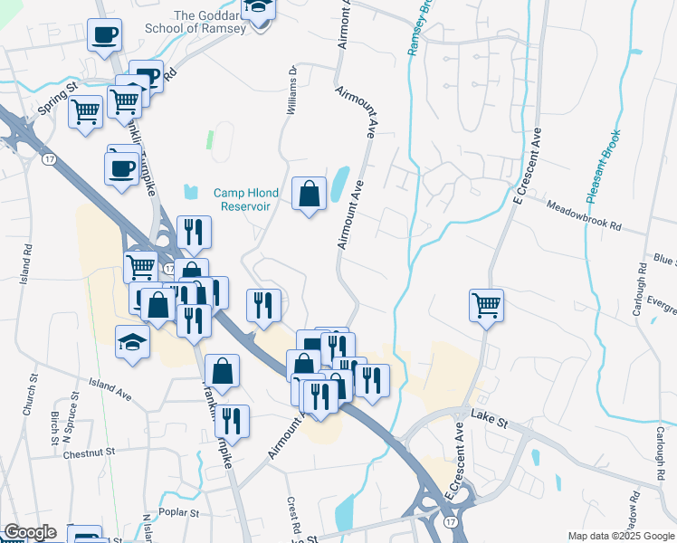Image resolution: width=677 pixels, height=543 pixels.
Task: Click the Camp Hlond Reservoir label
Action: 242,199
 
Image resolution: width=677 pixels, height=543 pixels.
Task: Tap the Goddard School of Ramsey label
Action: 195,22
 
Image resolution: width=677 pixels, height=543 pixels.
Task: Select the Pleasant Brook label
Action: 602,167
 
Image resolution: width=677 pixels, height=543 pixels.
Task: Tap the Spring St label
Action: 59,101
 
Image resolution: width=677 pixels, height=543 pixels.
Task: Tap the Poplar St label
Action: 180,512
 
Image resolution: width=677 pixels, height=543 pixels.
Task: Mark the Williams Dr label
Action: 291,90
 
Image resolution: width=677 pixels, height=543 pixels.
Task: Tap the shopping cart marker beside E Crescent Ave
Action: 486,306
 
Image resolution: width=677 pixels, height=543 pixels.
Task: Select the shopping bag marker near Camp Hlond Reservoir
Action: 309,193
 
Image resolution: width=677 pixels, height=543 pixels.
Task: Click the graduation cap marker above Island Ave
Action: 132,341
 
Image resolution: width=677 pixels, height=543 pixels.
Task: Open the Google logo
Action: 30,532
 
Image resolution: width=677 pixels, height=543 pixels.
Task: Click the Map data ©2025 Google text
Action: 621,536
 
